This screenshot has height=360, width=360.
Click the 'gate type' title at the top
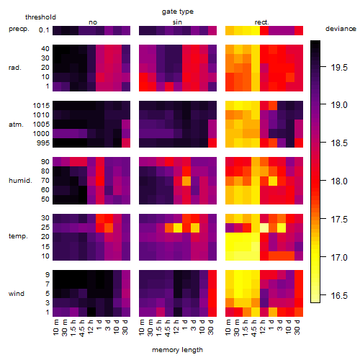pyautogui.click(x=178, y=12)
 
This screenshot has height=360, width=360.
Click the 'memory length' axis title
pyautogui.click(x=177, y=350)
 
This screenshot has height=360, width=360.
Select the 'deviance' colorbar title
pyautogui.click(x=341, y=29)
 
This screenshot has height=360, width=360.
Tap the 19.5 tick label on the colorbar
pyautogui.click(x=339, y=68)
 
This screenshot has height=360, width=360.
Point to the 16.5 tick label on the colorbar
pyautogui.click(x=339, y=295)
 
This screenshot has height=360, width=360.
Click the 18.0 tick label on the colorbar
pyautogui.click(x=339, y=181)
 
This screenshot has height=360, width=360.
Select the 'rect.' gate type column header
pyautogui.click(x=261, y=22)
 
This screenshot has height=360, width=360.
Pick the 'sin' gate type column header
pyautogui.click(x=177, y=22)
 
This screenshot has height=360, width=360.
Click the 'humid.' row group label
pyautogui.click(x=20, y=181)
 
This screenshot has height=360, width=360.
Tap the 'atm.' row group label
pyautogui.click(x=16, y=125)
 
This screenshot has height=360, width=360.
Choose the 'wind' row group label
pyautogui.click(x=17, y=294)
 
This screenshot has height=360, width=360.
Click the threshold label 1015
pyautogui.click(x=41, y=106)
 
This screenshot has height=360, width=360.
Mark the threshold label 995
pyautogui.click(x=43, y=143)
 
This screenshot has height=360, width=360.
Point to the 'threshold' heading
pyautogui.click(x=40, y=17)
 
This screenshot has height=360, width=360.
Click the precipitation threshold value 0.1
pyautogui.click(x=44, y=30)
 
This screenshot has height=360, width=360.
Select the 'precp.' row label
pyautogui.click(x=19, y=29)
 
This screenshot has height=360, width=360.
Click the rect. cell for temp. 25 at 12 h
pyautogui.click(x=264, y=228)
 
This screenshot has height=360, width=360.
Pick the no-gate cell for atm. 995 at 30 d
pyautogui.click(x=126, y=143)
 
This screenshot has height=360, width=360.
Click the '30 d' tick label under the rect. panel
pyautogui.click(x=297, y=327)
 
